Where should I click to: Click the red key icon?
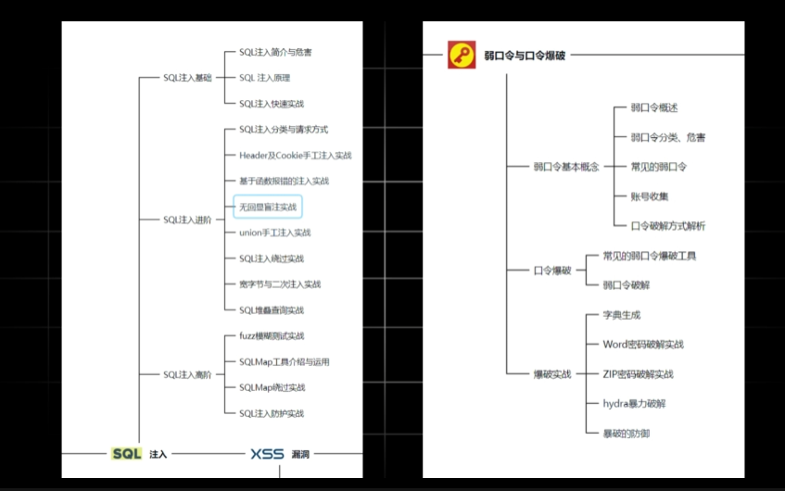tap(462, 55)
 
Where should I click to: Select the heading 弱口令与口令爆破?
tap(524, 55)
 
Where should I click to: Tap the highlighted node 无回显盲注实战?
tap(268, 207)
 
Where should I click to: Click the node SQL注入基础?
tap(188, 78)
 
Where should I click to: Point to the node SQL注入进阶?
tap(188, 220)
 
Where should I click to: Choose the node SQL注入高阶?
tap(188, 374)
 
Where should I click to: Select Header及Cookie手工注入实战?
tap(295, 156)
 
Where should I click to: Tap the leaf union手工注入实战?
tap(274, 233)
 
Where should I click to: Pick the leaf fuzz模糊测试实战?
tap(271, 335)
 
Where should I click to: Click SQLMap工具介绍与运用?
tap(284, 361)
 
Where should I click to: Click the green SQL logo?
tap(127, 454)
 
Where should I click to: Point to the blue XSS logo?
tap(267, 454)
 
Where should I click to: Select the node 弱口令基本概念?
tap(565, 167)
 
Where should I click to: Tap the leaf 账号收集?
tap(650, 195)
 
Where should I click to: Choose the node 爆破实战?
tap(552, 373)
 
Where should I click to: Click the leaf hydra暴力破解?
tap(634, 403)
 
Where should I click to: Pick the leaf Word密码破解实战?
tap(642, 344)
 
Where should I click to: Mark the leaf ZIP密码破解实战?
tap(638, 373)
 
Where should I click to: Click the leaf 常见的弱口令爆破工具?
tap(649, 255)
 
